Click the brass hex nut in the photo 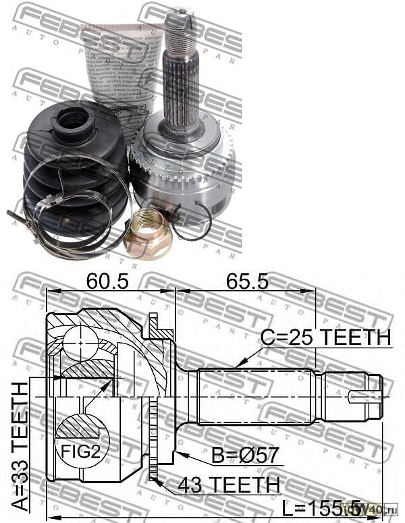146,233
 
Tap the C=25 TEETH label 327,337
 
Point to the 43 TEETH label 228,484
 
